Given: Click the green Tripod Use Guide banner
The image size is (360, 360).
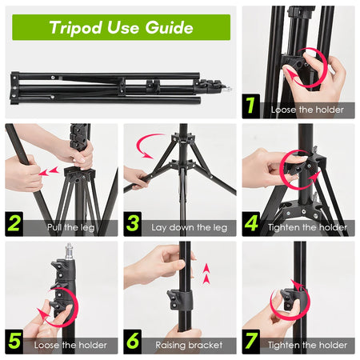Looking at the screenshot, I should [x=120, y=27].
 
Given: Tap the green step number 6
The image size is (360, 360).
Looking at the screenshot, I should [x=134, y=342].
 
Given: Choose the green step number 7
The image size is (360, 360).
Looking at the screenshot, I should [x=252, y=342].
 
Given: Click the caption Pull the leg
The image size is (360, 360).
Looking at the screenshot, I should [x=68, y=228].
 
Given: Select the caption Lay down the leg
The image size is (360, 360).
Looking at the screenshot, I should [x=189, y=228].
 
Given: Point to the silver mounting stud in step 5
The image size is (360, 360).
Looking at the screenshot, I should [x=70, y=250].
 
